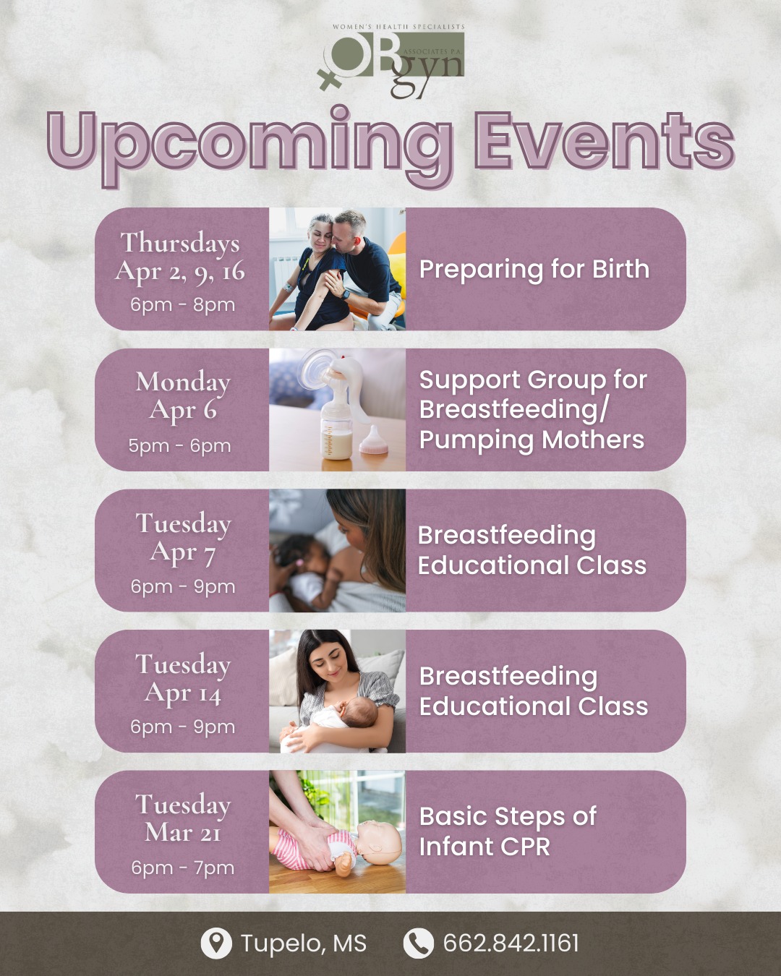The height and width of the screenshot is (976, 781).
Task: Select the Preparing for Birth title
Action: pos(534,269)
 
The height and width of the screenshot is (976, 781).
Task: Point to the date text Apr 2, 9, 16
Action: pos(181,271)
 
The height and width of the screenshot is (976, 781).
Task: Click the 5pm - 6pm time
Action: pos(180,445)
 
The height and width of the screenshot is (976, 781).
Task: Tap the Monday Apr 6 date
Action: pos(183,395)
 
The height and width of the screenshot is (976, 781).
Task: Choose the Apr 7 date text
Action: pos(183,552)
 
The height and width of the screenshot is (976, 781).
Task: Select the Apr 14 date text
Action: pos(183,693)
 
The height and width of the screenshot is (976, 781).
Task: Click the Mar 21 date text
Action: pos(183,833)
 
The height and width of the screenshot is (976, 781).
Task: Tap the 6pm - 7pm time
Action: pos(183,868)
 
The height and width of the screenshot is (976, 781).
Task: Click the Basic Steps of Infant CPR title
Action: pos(508,831)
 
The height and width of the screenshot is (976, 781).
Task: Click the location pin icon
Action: pos(215,943)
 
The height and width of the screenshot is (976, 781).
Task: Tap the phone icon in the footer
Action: pos(418,943)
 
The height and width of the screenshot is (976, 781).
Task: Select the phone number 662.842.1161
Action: pos(511,943)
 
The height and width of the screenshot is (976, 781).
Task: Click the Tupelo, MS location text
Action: pos(304,943)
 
